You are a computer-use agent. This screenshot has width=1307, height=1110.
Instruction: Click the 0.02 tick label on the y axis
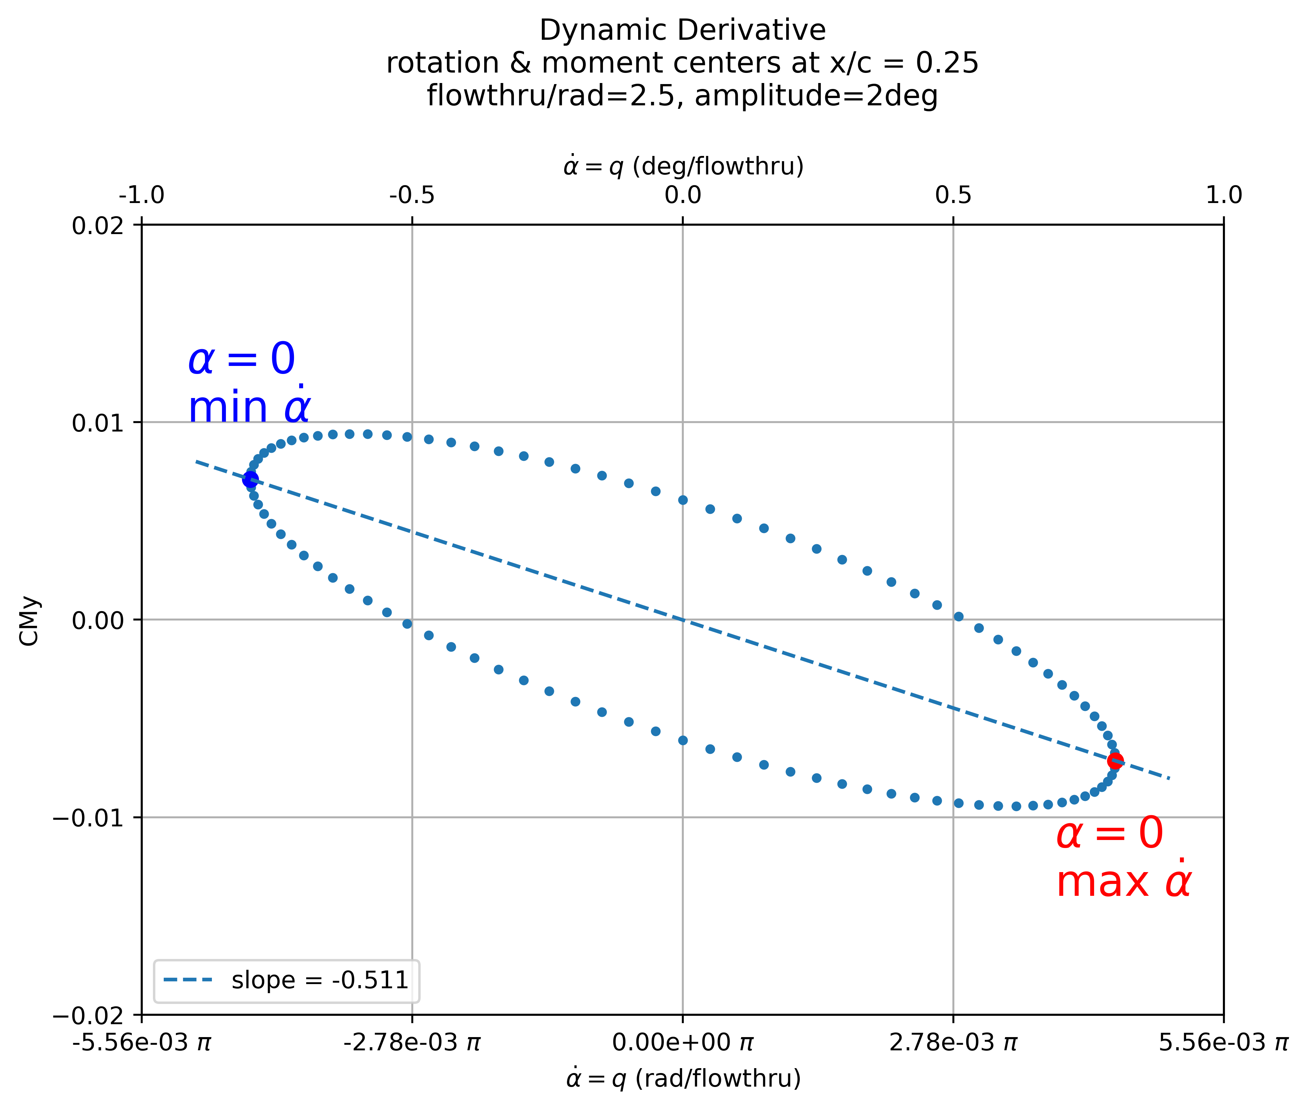coord(98,225)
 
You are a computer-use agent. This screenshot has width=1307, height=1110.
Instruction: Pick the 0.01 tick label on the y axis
coord(98,423)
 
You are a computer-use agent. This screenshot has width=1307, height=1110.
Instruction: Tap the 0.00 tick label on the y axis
coord(98,621)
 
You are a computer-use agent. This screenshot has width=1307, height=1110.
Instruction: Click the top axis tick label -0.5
coord(412,196)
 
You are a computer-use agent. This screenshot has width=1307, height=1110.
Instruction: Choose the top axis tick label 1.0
coord(1223,196)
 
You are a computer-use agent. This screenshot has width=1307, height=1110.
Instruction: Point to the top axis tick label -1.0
coord(142,196)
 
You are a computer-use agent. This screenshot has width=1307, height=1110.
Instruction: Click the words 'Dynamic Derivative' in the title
coord(682,30)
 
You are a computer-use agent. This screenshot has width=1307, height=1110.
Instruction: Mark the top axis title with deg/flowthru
coord(682,166)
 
